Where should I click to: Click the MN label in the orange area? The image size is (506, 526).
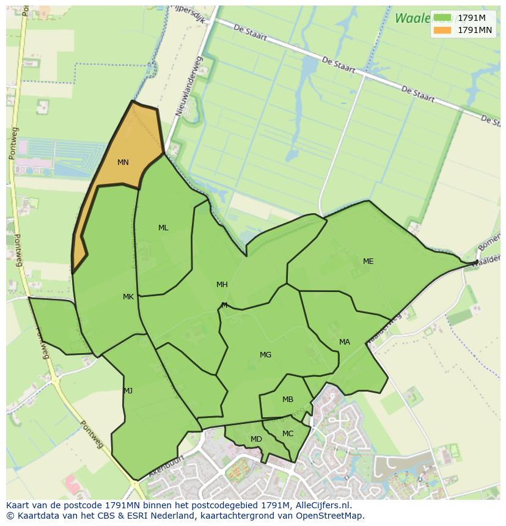pyautogui.click(x=123, y=163)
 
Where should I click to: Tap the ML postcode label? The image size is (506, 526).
pyautogui.click(x=163, y=228)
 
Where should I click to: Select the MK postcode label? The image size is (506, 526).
pyautogui.click(x=128, y=297)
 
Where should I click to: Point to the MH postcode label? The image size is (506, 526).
pyautogui.click(x=222, y=284)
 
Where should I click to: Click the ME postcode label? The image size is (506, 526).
pyautogui.click(x=368, y=261)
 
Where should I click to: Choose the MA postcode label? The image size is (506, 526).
pyautogui.click(x=345, y=342)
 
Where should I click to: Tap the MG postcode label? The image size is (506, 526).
pyautogui.click(x=265, y=355)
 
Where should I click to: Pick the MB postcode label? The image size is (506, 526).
pyautogui.click(x=288, y=400)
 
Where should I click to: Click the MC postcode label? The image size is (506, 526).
pyautogui.click(x=288, y=434)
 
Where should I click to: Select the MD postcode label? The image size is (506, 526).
pyautogui.click(x=256, y=439)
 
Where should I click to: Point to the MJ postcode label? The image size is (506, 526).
pyautogui.click(x=128, y=391)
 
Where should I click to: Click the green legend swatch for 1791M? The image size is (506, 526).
pyautogui.click(x=442, y=18)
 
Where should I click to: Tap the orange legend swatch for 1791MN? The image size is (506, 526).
pyautogui.click(x=442, y=30)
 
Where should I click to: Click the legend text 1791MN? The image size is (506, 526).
pyautogui.click(x=475, y=30)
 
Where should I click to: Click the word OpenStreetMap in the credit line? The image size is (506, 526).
pyautogui.click(x=332, y=516)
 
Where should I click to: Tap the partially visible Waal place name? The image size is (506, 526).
pyautogui.click(x=413, y=18)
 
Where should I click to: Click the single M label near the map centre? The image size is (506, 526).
pyautogui.click(x=224, y=305)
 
